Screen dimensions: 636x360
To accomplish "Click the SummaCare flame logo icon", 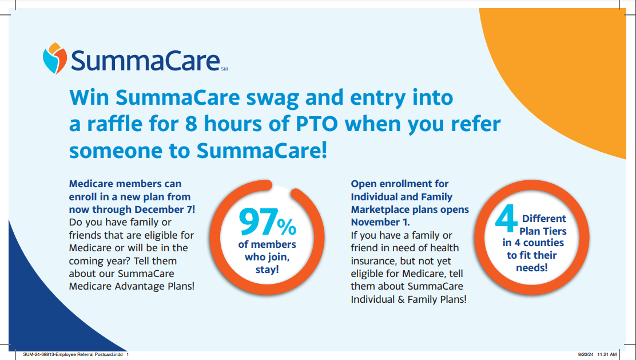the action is pyautogui.click(x=55, y=58).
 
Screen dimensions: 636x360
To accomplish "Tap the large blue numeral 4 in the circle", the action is pyautogui.click(x=506, y=219).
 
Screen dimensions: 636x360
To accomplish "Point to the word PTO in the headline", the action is pyautogui.click(x=317, y=124).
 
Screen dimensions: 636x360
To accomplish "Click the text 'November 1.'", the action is pyautogui.click(x=380, y=222).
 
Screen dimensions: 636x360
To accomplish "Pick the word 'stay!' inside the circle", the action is pyautogui.click(x=267, y=270).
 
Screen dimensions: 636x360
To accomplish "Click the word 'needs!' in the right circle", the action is pyautogui.click(x=532, y=268).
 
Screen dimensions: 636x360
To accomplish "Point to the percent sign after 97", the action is pyautogui.click(x=287, y=227).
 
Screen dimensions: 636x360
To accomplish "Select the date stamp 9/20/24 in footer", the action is pyautogui.click(x=585, y=355).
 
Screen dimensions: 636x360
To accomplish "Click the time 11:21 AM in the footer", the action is pyautogui.click(x=607, y=355).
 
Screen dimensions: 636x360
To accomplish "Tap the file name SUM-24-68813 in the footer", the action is pyautogui.click(x=38, y=355).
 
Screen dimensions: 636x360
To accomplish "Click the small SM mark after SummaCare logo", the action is pyautogui.click(x=224, y=69).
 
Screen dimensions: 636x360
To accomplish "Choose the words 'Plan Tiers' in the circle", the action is pyautogui.click(x=543, y=231).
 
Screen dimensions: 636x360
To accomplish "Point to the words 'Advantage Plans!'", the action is pyautogui.click(x=154, y=287).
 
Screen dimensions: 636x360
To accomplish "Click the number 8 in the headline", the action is pyautogui.click(x=191, y=124).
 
